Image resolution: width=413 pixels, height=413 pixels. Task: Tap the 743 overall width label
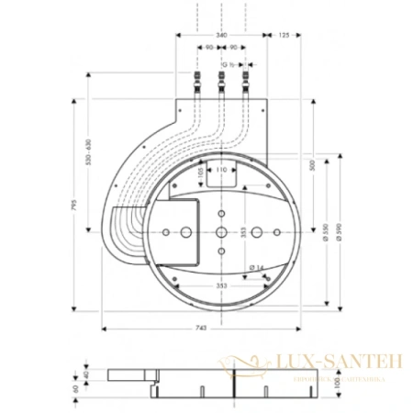point(201,333)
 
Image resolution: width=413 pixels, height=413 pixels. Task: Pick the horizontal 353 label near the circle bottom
point(220,285)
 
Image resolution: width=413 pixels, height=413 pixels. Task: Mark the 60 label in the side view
point(75,388)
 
